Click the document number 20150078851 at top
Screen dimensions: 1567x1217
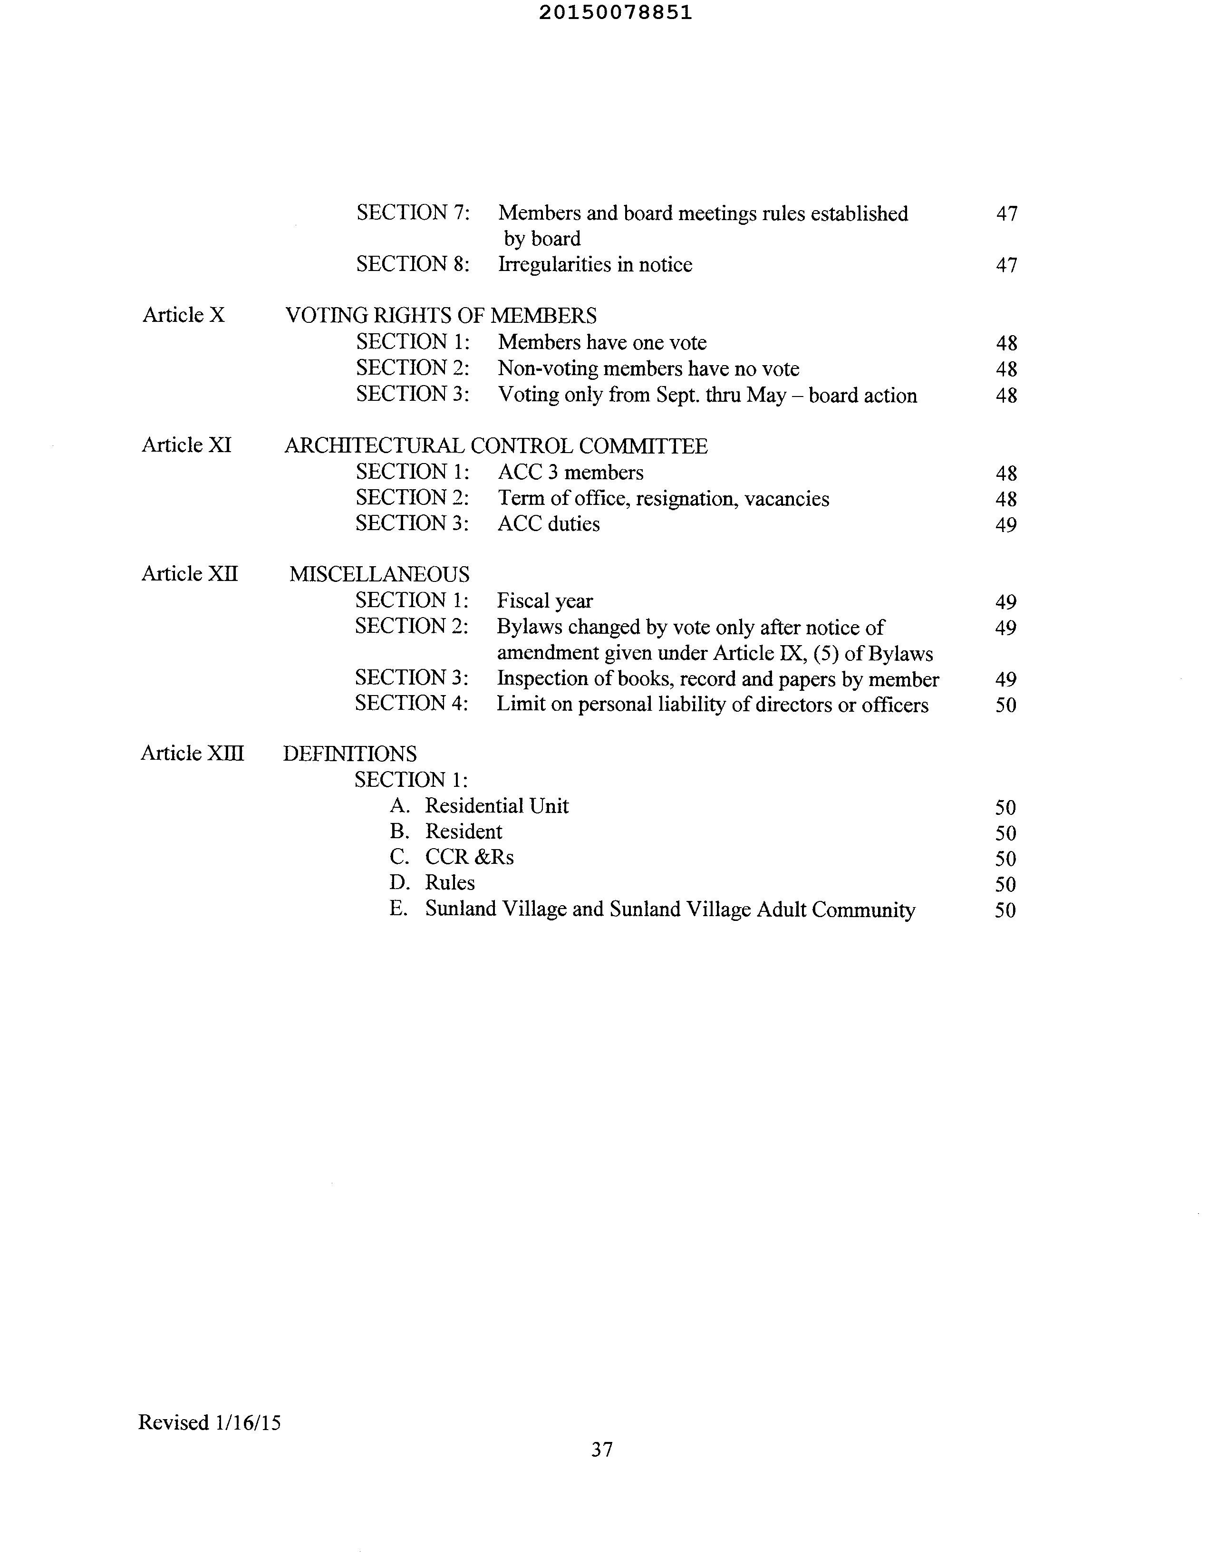[x=615, y=13]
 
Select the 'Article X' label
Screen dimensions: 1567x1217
[x=184, y=315]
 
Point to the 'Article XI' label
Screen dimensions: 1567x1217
[x=186, y=445]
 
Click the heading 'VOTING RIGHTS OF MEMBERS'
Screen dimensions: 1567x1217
[x=441, y=316]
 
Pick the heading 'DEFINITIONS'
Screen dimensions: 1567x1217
[x=349, y=754]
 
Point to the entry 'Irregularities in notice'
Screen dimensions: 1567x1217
[x=595, y=265]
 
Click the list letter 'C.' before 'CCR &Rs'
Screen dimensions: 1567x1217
[x=399, y=857]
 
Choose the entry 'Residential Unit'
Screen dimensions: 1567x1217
[x=497, y=806]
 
